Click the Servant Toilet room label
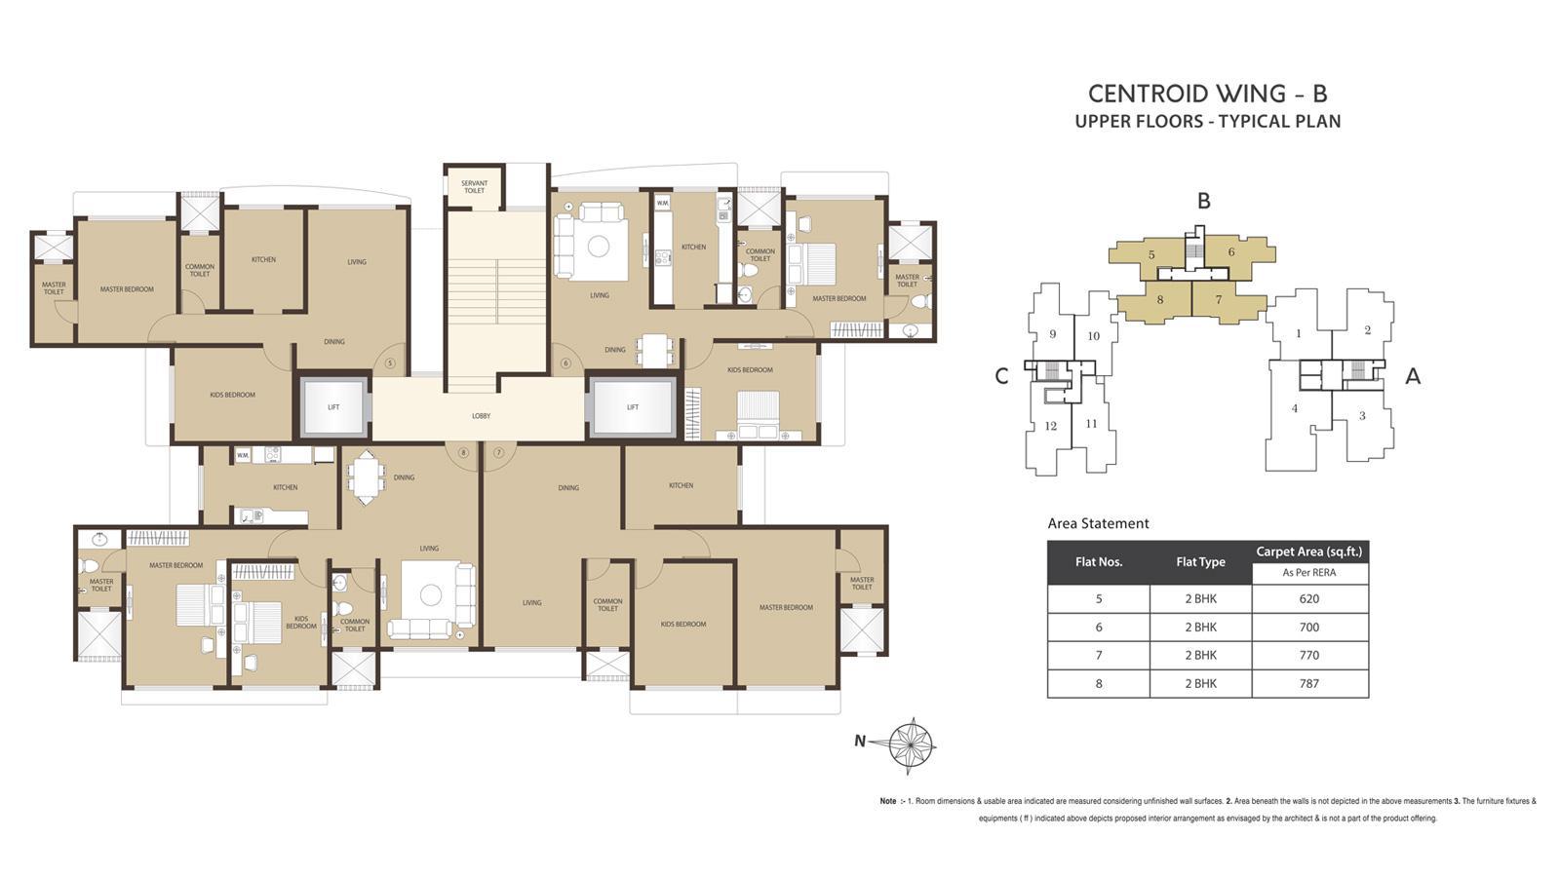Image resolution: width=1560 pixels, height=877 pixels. [x=474, y=187]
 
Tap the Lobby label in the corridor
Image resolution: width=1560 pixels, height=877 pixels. [x=481, y=416]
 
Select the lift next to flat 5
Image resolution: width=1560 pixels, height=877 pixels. [x=333, y=407]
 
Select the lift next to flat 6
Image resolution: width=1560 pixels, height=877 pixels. [x=632, y=407]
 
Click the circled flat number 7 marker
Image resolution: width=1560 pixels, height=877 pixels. [x=498, y=452]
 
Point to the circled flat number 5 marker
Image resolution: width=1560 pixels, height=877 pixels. [x=390, y=363]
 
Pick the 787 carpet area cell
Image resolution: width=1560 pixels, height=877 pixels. [x=1309, y=683]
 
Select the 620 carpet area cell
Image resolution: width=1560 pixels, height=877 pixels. [x=1309, y=599]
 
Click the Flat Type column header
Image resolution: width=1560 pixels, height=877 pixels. [x=1200, y=562]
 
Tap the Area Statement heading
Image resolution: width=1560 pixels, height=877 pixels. [x=1098, y=523]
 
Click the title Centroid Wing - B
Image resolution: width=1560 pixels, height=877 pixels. [x=1207, y=94]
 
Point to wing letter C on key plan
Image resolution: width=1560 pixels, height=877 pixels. [x=1001, y=377]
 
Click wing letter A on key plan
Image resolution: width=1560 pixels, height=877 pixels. [x=1413, y=377]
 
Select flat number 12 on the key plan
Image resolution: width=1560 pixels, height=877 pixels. [x=1050, y=426]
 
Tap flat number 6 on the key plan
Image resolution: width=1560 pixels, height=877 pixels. [x=1231, y=252]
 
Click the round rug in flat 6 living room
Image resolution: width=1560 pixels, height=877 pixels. [x=599, y=246]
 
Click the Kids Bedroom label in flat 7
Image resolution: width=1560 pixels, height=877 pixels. [x=682, y=624]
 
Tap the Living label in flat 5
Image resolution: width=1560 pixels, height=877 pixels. [x=357, y=262]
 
